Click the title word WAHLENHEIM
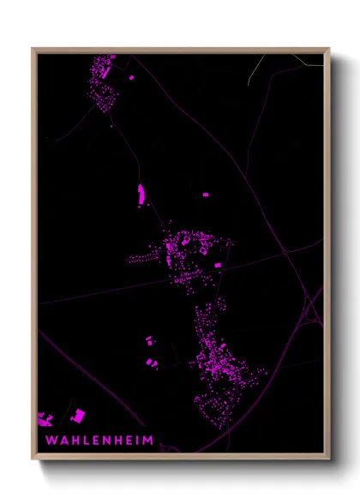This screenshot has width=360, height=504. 99,441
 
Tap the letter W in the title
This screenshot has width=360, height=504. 51,441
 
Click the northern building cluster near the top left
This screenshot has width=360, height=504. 104,82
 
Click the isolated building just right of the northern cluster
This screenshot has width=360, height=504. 131,78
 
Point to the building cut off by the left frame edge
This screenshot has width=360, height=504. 44,419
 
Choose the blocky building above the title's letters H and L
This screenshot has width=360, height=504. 77,417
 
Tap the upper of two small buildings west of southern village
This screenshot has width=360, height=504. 147,340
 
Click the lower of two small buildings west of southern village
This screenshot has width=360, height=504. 152,363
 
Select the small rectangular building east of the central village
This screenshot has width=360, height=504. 218,266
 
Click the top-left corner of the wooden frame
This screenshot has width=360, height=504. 33,49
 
